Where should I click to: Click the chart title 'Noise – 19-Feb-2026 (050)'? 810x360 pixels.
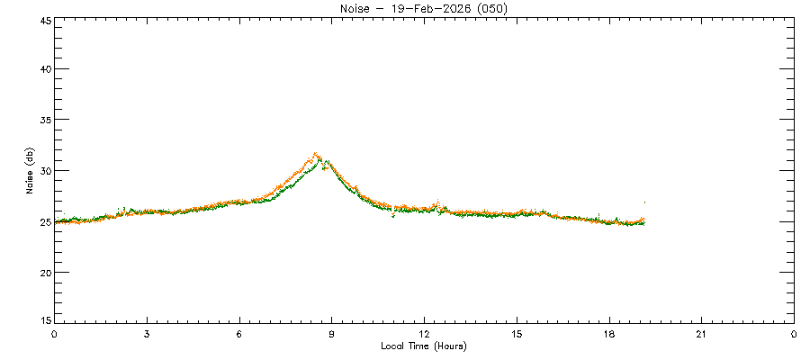point(424,9)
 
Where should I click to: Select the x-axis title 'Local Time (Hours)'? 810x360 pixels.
point(424,346)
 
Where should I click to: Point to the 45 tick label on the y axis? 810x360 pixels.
point(43,20)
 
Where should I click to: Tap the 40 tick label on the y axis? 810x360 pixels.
point(43,69)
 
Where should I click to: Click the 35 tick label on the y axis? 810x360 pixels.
point(43,120)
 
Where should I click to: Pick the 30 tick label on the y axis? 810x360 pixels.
point(43,171)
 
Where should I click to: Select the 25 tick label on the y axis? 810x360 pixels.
point(43,221)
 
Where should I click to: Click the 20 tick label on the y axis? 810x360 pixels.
point(43,272)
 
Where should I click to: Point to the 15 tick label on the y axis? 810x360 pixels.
point(43,319)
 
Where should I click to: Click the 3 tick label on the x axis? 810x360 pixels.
point(147,335)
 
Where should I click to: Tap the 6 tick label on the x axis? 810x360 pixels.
point(239,335)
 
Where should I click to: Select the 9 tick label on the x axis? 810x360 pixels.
point(332,335)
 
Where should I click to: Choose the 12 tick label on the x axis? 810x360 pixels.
point(424,335)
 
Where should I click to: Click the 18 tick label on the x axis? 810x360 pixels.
point(609,335)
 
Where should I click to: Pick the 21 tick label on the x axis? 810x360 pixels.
point(701,335)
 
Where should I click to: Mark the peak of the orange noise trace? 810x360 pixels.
point(315,154)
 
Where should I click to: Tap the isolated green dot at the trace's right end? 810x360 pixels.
point(644,202)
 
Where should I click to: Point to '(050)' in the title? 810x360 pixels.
point(492,9)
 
